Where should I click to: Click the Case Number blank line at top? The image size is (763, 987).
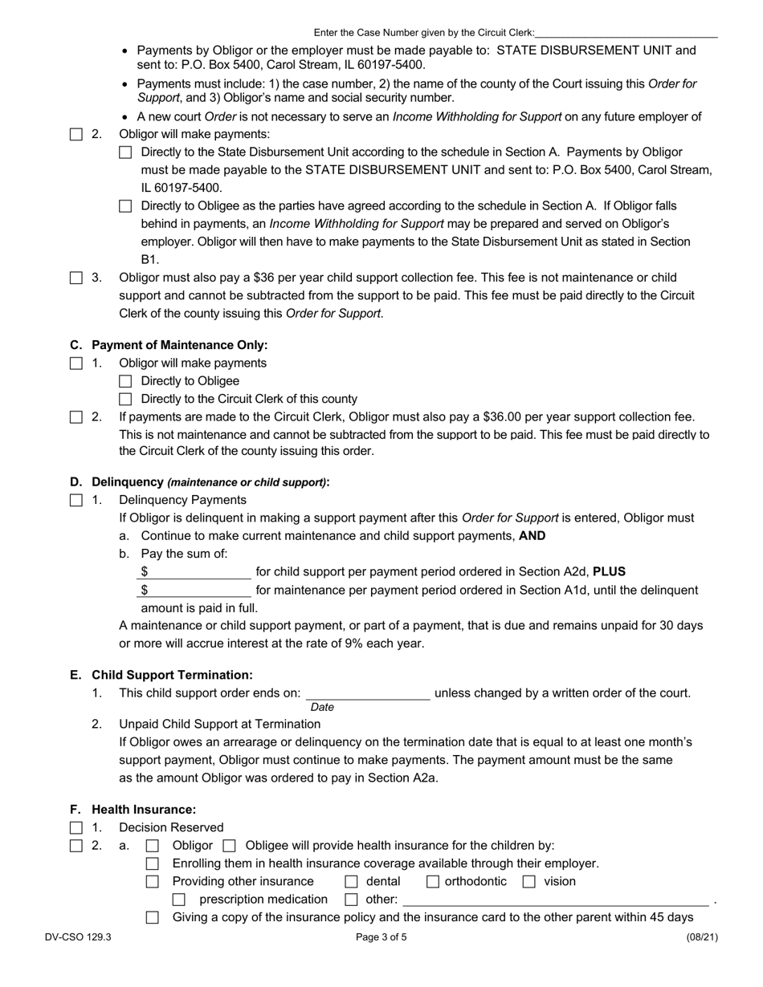pyautogui.click(x=626, y=33)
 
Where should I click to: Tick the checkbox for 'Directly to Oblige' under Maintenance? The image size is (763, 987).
pyautogui.click(x=125, y=381)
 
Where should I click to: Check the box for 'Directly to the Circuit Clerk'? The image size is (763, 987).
pyautogui.click(x=125, y=399)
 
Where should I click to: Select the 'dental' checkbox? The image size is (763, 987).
pyautogui.click(x=351, y=882)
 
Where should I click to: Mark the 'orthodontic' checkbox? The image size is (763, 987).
pyautogui.click(x=433, y=882)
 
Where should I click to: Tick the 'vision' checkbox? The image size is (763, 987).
pyautogui.click(x=529, y=882)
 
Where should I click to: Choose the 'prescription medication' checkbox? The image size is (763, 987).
pyautogui.click(x=179, y=900)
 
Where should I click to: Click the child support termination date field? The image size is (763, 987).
pyautogui.click(x=368, y=693)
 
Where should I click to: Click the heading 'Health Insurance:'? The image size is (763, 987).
pyautogui.click(x=144, y=810)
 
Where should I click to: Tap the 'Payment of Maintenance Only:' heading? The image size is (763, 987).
pyautogui.click(x=179, y=345)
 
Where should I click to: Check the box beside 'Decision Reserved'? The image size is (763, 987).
pyautogui.click(x=76, y=827)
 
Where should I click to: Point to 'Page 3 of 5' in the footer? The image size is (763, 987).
pyautogui.click(x=381, y=936)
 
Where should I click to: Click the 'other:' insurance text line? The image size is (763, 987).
pyautogui.click(x=556, y=900)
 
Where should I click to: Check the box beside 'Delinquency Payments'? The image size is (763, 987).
pyautogui.click(x=76, y=500)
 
